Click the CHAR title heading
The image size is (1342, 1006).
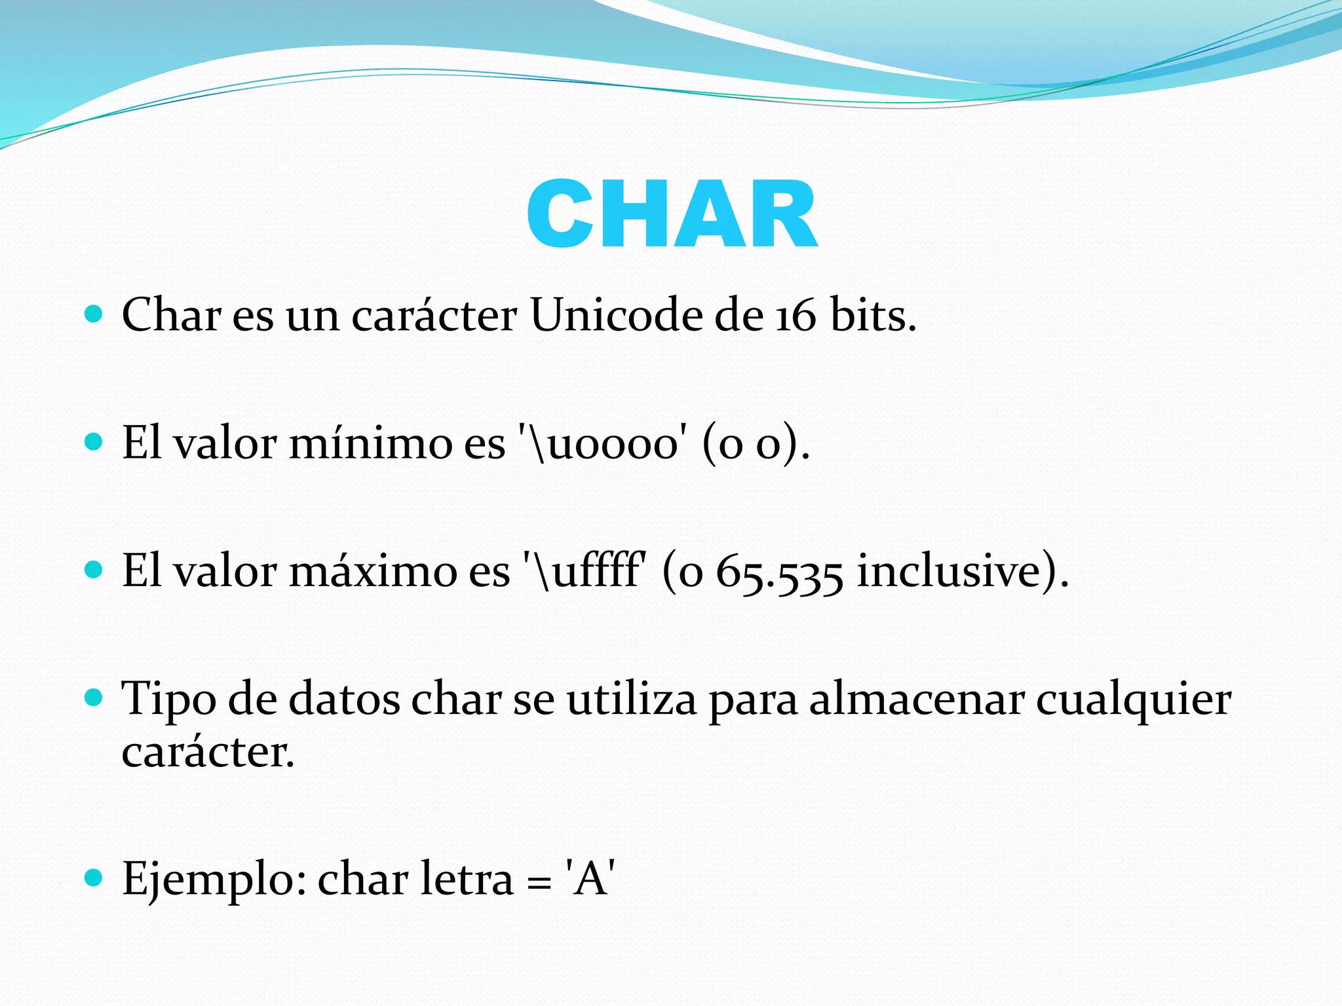click(x=672, y=215)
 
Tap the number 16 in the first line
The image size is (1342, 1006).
click(x=796, y=316)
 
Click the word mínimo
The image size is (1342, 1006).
click(x=370, y=443)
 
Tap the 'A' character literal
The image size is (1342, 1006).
click(x=590, y=878)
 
